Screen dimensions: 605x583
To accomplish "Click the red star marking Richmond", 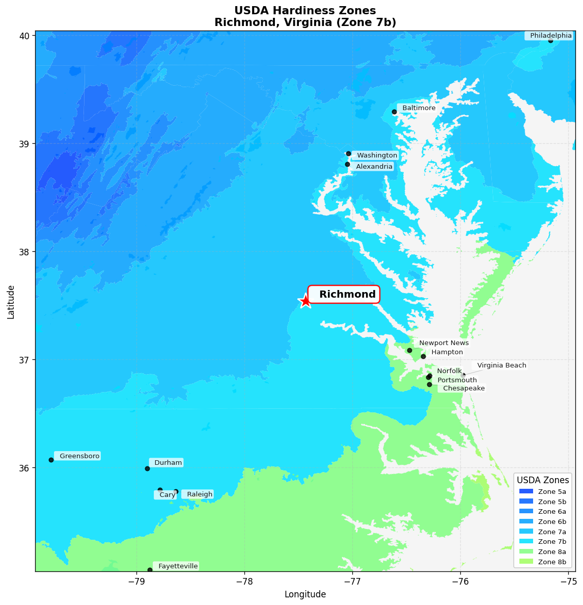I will (305, 301).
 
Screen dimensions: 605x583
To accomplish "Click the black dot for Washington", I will (348, 153).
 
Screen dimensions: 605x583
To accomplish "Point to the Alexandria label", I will (374, 167).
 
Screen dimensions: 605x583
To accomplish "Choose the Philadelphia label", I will (550, 36).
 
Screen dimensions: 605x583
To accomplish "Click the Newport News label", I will (443, 343).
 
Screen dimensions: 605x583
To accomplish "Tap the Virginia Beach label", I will (501, 365).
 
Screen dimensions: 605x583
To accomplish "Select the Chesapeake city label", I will (463, 388).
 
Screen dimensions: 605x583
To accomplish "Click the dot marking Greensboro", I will (51, 460).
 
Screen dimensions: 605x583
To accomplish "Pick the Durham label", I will (168, 463).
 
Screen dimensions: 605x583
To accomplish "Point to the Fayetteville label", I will (177, 566).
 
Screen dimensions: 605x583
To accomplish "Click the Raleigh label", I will (199, 494).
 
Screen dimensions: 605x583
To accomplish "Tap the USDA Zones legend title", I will (543, 480).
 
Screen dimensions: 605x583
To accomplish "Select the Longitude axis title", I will (305, 594).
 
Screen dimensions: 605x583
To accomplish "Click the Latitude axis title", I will (11, 302).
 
